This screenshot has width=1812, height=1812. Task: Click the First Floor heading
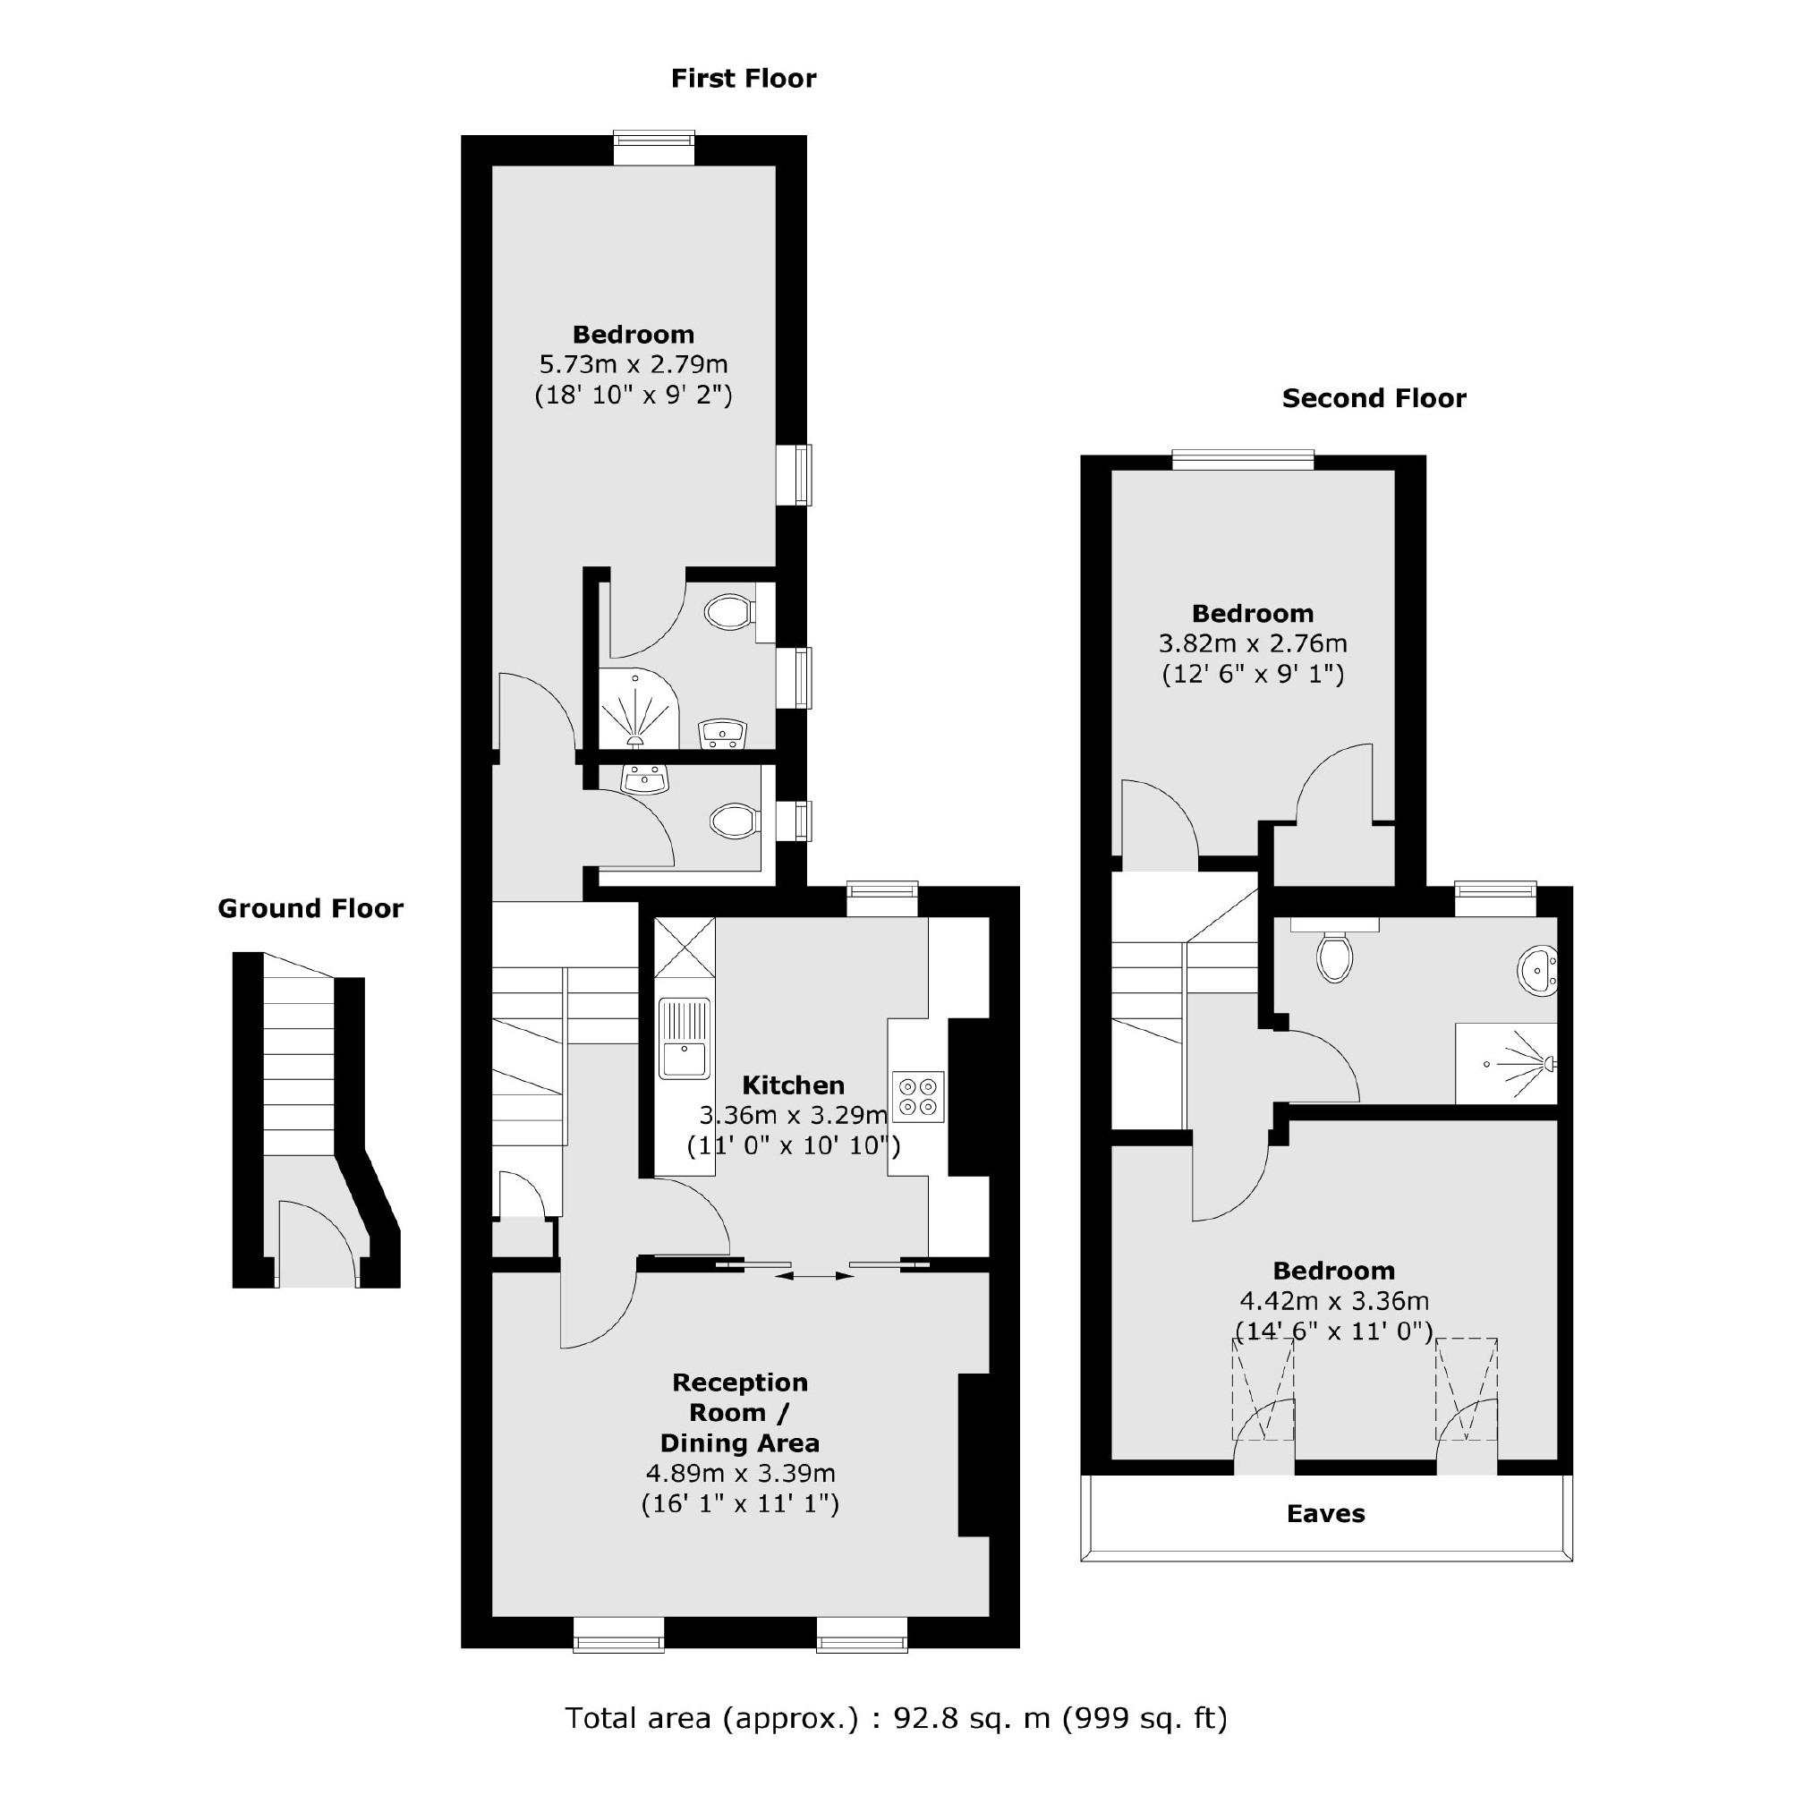click(x=743, y=79)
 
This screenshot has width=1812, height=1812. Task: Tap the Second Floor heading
click(x=1373, y=398)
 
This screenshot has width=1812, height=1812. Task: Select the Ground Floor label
click(x=311, y=908)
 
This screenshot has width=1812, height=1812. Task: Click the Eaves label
click(x=1325, y=1514)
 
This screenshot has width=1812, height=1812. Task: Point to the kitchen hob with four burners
click(x=917, y=1096)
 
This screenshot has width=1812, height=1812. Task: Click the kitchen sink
click(x=684, y=1039)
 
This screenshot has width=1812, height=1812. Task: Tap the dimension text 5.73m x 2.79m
click(x=633, y=364)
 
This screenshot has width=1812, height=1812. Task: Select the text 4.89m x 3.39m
click(x=740, y=1473)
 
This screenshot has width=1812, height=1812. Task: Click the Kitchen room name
click(x=794, y=1085)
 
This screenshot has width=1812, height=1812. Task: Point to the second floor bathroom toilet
click(x=1333, y=956)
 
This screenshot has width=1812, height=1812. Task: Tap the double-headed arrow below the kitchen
click(x=815, y=1277)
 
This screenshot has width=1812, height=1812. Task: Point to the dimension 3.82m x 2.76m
click(x=1252, y=644)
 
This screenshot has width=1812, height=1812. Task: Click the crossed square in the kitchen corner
click(x=684, y=948)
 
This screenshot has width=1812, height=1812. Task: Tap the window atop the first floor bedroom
click(x=654, y=149)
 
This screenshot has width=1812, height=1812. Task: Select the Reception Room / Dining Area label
click(x=740, y=1412)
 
